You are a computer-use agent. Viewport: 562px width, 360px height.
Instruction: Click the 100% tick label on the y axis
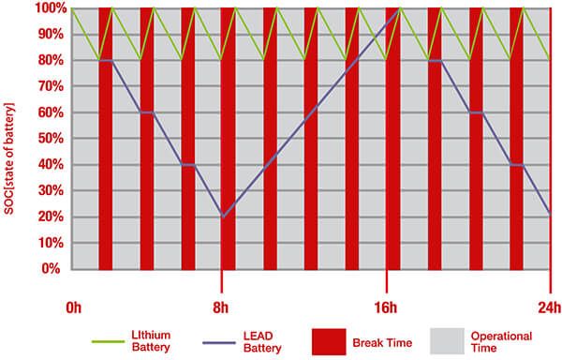[51, 8]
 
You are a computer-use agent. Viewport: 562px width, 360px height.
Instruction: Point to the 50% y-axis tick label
[51, 139]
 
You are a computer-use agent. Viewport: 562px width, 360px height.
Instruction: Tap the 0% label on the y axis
[51, 268]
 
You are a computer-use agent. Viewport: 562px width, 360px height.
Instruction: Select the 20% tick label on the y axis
[51, 217]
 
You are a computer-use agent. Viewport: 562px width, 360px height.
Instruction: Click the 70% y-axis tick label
[51, 86]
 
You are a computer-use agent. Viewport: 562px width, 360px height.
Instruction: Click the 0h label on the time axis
[73, 308]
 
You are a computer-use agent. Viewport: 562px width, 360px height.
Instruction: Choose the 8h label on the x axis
[220, 308]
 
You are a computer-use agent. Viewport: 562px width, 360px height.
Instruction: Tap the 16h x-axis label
[386, 308]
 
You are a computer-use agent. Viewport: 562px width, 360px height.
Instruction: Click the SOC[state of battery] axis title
[9, 158]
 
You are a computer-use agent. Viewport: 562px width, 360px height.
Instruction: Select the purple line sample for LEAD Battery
[219, 343]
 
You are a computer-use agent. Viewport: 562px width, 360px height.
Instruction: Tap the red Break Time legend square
[329, 341]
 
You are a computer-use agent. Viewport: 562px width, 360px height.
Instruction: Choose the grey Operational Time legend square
[448, 341]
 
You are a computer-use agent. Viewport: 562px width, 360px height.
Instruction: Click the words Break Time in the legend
[382, 343]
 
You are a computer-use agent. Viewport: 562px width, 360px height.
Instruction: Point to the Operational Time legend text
[501, 341]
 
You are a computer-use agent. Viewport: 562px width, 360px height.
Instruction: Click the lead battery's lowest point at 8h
[223, 217]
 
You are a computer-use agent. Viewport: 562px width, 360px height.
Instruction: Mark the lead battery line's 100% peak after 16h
[400, 8]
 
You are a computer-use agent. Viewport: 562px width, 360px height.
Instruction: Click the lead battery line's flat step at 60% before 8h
[147, 112]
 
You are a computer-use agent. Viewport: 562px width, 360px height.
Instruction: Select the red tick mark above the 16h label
[386, 281]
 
